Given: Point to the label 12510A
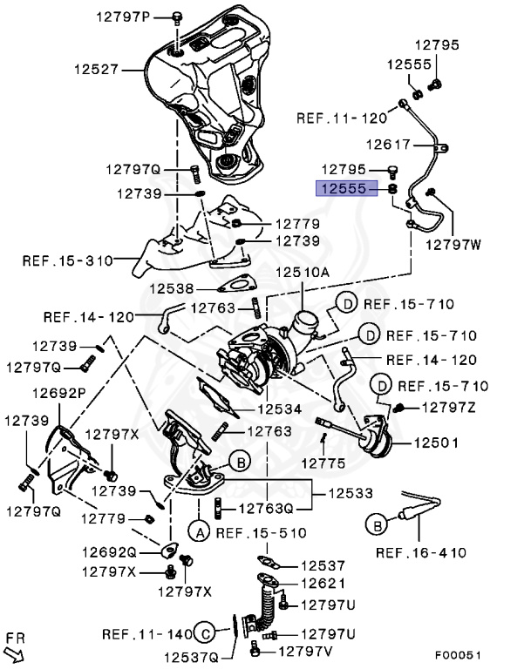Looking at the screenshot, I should [303, 272].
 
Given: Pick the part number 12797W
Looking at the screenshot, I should [453, 245].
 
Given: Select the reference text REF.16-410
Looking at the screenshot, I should [420, 552].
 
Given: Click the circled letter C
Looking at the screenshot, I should [203, 632].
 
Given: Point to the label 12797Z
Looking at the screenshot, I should [450, 407].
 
